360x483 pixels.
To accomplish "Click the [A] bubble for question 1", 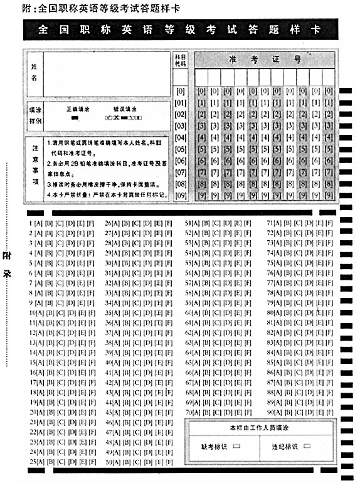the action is [38, 223].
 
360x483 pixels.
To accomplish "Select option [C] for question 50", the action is [137, 462].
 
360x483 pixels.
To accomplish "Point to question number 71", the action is [270, 223].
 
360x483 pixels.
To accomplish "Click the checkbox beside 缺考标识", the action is [236, 447].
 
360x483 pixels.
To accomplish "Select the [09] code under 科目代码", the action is [181, 196].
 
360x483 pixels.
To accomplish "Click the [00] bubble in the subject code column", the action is [181, 91].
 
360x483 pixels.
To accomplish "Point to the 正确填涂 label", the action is [77, 109].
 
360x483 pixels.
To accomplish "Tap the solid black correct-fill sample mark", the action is [75, 117].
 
